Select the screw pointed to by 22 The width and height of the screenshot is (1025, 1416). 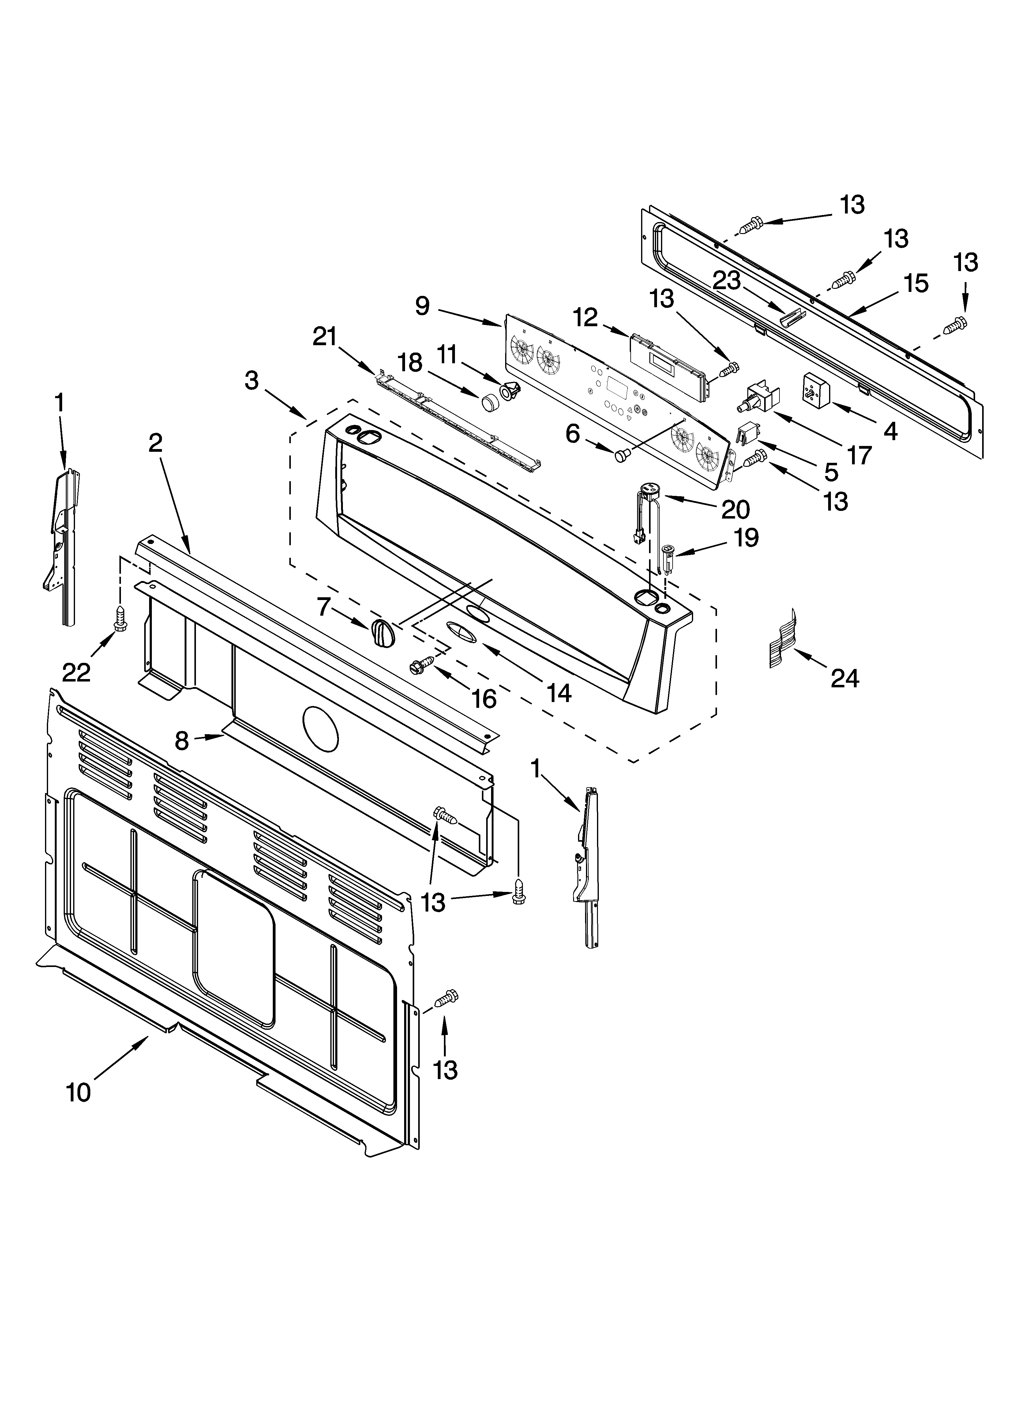[x=119, y=618]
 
